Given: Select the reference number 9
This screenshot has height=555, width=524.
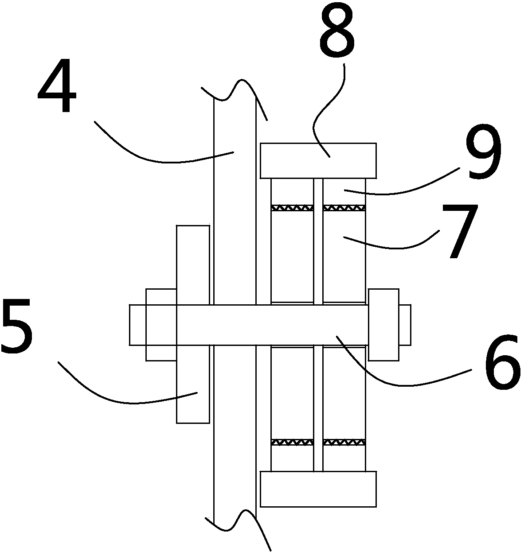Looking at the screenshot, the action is coord(483,153).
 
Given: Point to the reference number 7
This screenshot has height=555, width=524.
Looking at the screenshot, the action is coord(461,230).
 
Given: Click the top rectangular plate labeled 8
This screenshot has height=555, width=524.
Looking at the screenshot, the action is coord(318,160).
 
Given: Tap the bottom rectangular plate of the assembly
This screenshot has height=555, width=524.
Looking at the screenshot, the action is coord(318,489).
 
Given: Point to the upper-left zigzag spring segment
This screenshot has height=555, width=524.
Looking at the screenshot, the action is coord(292,207).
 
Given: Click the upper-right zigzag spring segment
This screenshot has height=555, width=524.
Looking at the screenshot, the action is coord(344,207).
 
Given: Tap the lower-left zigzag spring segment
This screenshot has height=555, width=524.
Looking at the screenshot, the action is coord(292,442).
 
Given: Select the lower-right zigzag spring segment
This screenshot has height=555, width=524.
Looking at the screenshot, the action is coord(344,442).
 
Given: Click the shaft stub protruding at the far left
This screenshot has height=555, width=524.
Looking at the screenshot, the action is coord(137,325).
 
